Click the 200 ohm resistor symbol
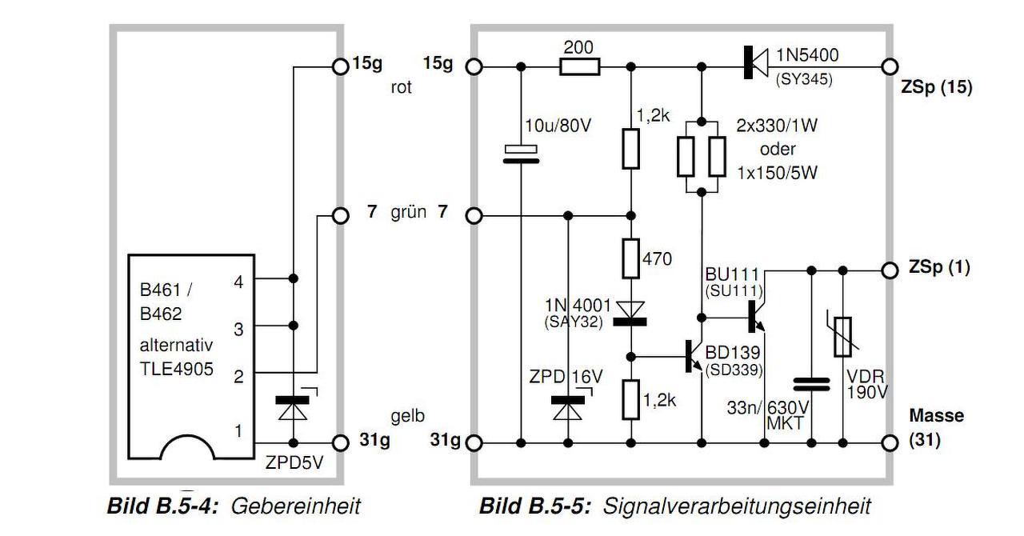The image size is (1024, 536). [x=580, y=66]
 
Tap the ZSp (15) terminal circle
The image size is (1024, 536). [x=890, y=66]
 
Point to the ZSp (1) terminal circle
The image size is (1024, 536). [x=890, y=270]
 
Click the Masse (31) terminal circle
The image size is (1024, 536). [x=890, y=442]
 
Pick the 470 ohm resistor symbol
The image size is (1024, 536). [x=631, y=258]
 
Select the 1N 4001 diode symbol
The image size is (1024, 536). [x=630, y=314]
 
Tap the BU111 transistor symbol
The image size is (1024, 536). [x=757, y=317]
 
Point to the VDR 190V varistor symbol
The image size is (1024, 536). [x=842, y=337]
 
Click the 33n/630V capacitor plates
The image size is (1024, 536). [x=811, y=385]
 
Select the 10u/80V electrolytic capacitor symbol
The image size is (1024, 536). [x=521, y=154]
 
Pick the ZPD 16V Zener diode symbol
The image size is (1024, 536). [x=569, y=403]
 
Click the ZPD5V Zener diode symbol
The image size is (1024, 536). [x=293, y=403]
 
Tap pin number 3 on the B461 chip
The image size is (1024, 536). [x=238, y=330]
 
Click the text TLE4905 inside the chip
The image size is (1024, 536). [x=177, y=369]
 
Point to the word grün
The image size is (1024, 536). [x=408, y=213]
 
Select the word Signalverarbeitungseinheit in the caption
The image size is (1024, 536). [x=737, y=506]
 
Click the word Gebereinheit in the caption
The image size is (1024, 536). [x=296, y=506]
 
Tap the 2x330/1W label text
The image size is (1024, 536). [x=777, y=126]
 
